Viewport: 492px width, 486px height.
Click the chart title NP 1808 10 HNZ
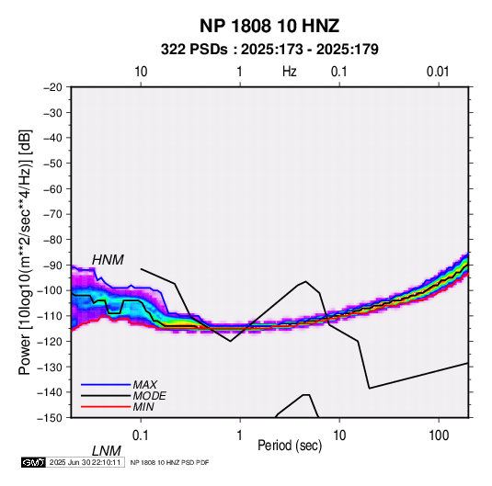(269, 26)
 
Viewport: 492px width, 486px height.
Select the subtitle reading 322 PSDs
(194, 50)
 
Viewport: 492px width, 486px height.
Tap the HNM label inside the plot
(108, 260)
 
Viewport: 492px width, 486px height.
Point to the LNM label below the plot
(106, 451)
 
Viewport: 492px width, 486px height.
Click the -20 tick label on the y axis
(52, 87)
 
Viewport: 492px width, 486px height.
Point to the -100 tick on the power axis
(50, 290)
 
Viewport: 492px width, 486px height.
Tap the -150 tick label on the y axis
(50, 418)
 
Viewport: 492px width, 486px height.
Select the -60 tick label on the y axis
(52, 188)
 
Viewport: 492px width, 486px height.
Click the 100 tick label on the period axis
(439, 435)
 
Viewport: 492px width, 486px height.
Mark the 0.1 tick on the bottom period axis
(141, 435)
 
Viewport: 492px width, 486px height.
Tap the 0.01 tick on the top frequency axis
(438, 72)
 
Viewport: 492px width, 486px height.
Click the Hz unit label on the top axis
(290, 72)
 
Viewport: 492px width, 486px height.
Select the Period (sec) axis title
(290, 446)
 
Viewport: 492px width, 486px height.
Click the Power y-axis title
(25, 252)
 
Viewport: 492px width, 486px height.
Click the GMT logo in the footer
(34, 462)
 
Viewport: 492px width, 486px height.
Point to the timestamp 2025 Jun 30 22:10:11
(85, 462)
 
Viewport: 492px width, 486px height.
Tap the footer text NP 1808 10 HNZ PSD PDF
(169, 462)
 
